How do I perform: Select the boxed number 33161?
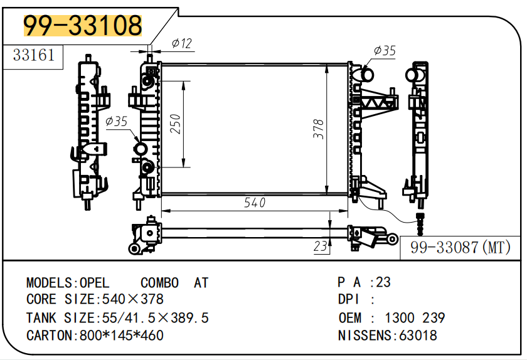[34, 55]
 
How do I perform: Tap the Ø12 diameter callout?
[182, 43]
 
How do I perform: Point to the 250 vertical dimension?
[176, 124]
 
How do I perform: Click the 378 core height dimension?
[319, 129]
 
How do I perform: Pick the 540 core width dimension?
[254, 203]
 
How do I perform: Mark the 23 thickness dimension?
[321, 246]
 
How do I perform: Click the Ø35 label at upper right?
[384, 51]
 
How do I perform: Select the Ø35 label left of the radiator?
[116, 121]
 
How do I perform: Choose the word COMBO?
[159, 283]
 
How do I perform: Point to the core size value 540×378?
[129, 300]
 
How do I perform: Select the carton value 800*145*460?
[121, 336]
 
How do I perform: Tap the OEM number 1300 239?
[415, 318]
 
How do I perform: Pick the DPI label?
[349, 300]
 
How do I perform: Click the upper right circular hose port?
[366, 75]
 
